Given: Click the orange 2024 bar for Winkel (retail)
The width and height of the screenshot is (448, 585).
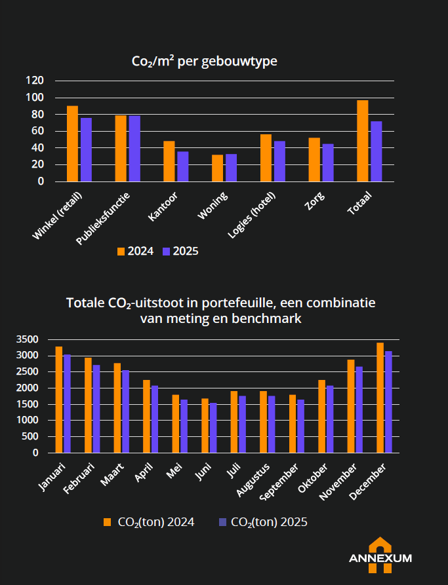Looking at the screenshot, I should [72, 143].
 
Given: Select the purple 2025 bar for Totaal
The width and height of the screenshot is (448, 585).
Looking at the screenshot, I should [376, 151].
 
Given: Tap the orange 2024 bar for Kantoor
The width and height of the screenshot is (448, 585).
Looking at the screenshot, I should [169, 161].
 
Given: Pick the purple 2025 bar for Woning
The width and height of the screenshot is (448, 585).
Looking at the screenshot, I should [231, 168].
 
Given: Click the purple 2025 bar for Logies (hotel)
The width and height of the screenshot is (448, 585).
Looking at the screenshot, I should [279, 161].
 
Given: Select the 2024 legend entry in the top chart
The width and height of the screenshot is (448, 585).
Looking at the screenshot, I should [135, 251].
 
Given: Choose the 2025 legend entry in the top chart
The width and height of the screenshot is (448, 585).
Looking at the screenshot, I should [180, 251].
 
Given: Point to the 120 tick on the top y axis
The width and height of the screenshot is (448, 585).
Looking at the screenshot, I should [35, 81].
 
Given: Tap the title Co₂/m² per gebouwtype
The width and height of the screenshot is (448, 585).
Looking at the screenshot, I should [204, 62].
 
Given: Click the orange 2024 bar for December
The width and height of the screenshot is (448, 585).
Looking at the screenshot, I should [380, 398].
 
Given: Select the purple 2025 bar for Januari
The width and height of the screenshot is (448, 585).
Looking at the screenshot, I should [67, 404].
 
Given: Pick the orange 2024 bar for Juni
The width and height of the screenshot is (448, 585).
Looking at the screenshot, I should [205, 426].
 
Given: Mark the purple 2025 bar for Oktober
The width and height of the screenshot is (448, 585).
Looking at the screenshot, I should [330, 419].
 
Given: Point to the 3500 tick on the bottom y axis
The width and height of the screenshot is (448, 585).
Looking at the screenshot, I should [27, 339].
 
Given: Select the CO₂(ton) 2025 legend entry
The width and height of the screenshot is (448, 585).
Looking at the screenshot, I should [263, 522].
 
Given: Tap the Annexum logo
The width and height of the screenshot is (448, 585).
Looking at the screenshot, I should [380, 556].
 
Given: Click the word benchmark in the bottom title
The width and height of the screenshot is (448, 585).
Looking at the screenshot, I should [271, 319].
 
